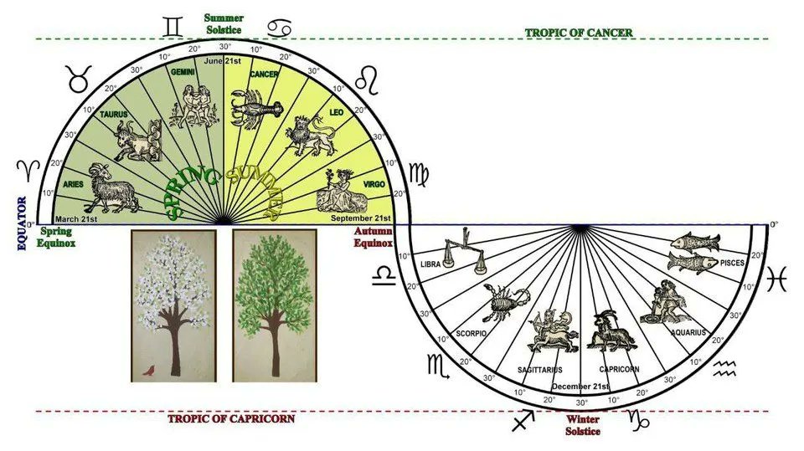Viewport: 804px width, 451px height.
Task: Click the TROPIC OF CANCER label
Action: pyautogui.click(x=578, y=33)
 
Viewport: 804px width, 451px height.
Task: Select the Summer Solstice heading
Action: pyautogui.click(x=224, y=22)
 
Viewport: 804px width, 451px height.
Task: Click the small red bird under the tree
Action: pyautogui.click(x=150, y=368)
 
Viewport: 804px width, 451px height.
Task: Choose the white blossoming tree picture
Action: pyautogui.click(x=173, y=305)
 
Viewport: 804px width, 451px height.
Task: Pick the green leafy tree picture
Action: pyautogui.click(x=274, y=305)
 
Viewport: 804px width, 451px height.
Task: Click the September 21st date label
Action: pyautogui.click(x=362, y=217)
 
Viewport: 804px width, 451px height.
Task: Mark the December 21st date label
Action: pyautogui.click(x=580, y=387)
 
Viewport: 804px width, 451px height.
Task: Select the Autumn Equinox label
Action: pyautogui.click(x=373, y=237)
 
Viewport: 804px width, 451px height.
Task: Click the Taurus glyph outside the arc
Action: pyautogui.click(x=79, y=83)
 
